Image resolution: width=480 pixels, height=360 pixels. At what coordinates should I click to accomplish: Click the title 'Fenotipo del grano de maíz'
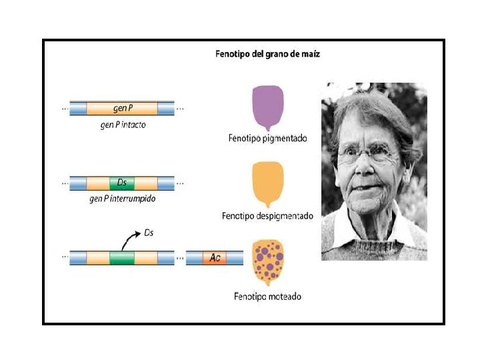[x=267, y=54]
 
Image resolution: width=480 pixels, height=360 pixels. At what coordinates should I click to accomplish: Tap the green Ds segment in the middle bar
[x=122, y=182]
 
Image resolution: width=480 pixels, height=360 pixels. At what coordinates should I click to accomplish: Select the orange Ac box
[x=214, y=257]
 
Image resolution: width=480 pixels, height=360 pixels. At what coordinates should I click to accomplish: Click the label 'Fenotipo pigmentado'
[x=267, y=139]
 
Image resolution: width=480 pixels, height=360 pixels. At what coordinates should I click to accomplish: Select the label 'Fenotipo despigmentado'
[x=267, y=217]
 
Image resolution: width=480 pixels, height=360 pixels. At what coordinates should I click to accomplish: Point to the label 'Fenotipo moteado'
[x=267, y=296]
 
